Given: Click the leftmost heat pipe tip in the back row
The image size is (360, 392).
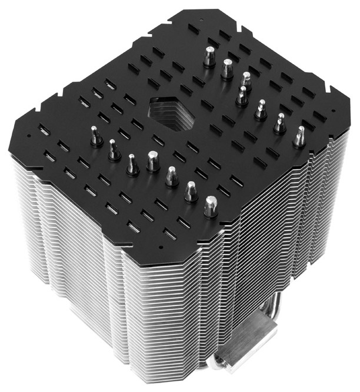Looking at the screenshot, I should [208, 57].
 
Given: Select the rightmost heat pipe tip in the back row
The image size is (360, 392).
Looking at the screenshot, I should [299, 136].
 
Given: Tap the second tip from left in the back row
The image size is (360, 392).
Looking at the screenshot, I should [227, 69].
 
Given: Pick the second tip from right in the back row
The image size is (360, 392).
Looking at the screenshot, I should [280, 123].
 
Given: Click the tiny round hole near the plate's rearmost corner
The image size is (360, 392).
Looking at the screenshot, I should [202, 19].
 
